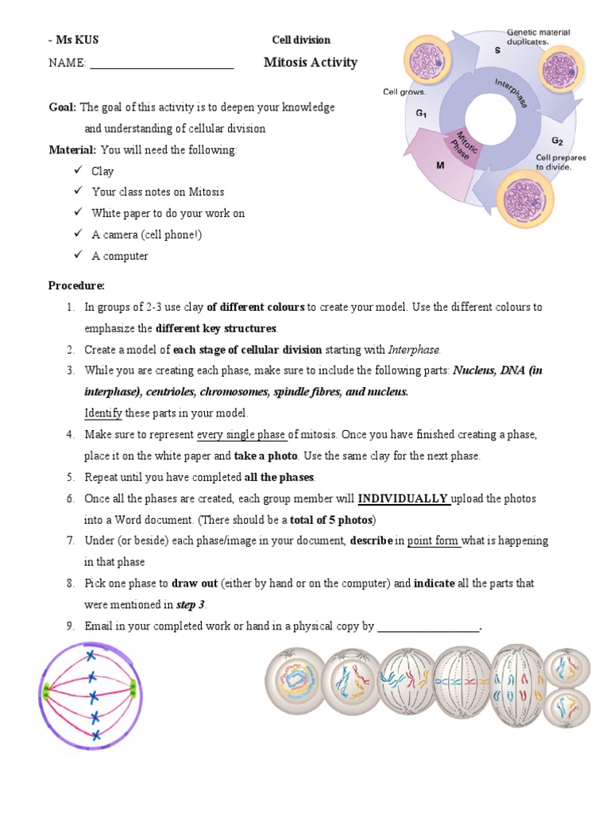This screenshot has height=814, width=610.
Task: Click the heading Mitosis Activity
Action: tap(310, 63)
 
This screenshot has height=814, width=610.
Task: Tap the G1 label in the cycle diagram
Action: tap(421, 114)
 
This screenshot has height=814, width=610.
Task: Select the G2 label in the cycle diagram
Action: tap(558, 141)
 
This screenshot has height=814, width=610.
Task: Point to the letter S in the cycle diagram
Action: tap(497, 50)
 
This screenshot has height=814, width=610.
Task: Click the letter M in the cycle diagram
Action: tap(440, 166)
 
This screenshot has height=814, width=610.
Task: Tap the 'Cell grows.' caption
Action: tap(404, 91)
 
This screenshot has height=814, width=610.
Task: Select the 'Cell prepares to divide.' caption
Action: tap(561, 162)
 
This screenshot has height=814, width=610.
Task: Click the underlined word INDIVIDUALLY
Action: tap(403, 498)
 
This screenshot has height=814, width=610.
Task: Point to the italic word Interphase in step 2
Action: tap(413, 349)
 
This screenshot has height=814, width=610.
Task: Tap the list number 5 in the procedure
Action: tap(70, 477)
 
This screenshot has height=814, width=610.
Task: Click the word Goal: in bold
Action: tap(63, 107)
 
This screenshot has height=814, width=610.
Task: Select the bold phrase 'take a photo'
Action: tap(266, 455)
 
